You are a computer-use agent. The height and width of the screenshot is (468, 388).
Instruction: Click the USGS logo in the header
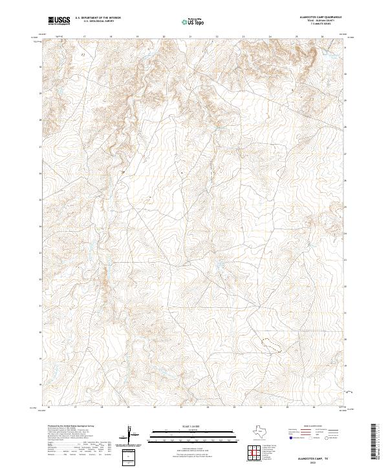(59, 21)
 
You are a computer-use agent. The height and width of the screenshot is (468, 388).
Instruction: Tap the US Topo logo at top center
(195, 21)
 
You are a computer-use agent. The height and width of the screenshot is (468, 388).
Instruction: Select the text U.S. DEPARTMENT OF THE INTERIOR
(98, 18)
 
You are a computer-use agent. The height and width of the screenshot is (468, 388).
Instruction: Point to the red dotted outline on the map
(270, 343)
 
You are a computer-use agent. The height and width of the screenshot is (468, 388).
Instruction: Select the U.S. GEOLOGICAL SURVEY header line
(98, 21)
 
